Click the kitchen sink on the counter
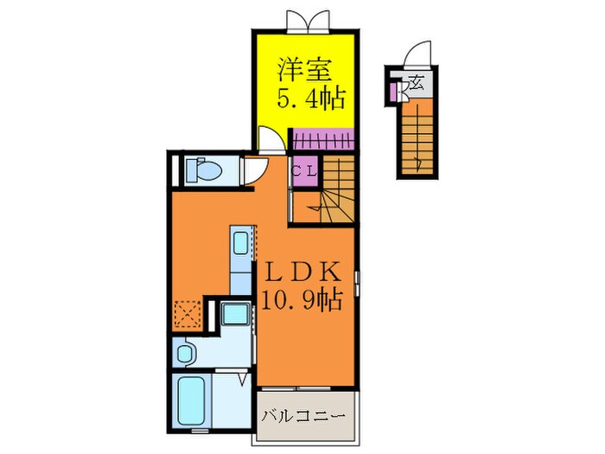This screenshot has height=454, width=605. [x=242, y=241]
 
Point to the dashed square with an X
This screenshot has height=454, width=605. [x=188, y=312]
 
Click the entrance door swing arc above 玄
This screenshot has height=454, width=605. [x=417, y=54]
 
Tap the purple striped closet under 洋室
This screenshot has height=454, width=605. [x=322, y=138]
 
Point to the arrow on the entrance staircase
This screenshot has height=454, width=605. [x=417, y=161]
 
